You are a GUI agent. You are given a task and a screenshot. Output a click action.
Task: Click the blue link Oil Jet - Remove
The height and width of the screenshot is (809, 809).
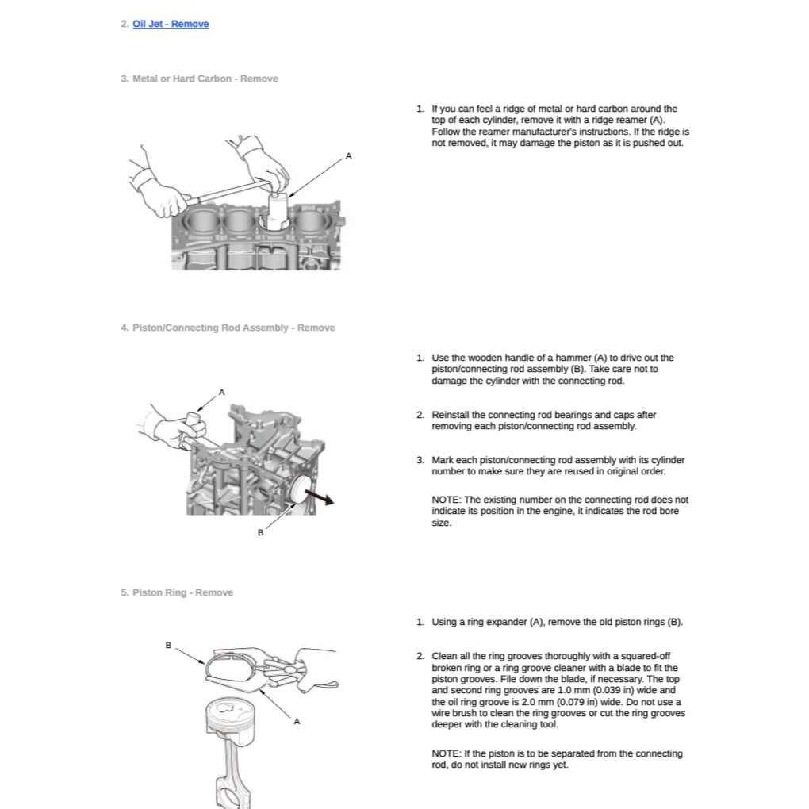click(171, 24)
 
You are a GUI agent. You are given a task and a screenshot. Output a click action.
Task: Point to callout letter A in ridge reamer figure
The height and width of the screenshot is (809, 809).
click(348, 156)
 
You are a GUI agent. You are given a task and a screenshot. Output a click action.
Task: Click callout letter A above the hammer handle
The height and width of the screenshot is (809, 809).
click(222, 392)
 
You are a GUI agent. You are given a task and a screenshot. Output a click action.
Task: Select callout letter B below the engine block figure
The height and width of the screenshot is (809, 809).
click(260, 532)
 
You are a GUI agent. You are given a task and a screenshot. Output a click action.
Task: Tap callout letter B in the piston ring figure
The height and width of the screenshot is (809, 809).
click(168, 645)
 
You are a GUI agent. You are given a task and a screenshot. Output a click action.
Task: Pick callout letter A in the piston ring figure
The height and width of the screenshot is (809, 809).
click(297, 721)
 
